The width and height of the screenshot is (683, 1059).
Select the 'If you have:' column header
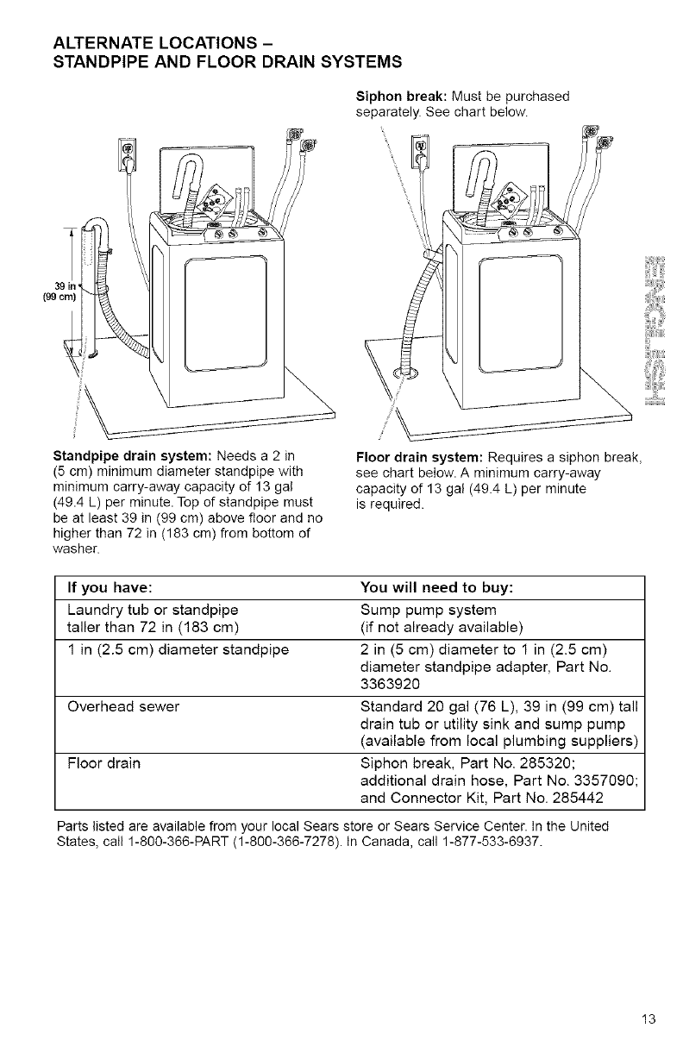[111, 588]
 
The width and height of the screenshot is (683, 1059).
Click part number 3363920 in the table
[391, 685]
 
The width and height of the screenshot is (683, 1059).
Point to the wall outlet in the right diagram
[419, 155]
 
